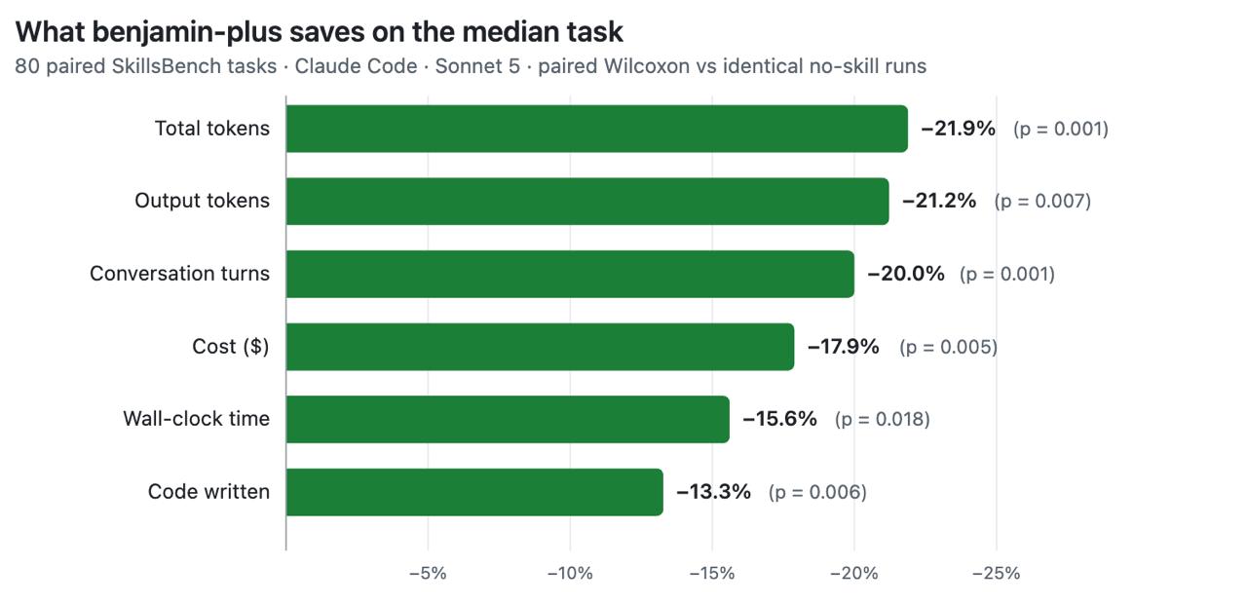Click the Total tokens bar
point(597,129)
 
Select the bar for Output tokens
point(587,201)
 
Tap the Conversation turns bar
point(570,274)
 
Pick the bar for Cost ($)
point(540,347)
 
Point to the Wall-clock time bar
point(508,419)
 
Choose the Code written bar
point(474,492)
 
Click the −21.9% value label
point(958,129)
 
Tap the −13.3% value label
point(714,492)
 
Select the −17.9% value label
point(844,347)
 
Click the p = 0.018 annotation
point(883,419)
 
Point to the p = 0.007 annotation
point(1042,201)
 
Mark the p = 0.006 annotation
point(817,492)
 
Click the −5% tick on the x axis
point(428,574)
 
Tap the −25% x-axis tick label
point(996,574)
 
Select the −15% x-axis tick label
point(712,574)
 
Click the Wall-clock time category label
point(197,419)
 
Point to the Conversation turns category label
point(180,274)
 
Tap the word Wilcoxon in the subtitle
point(647,66)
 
